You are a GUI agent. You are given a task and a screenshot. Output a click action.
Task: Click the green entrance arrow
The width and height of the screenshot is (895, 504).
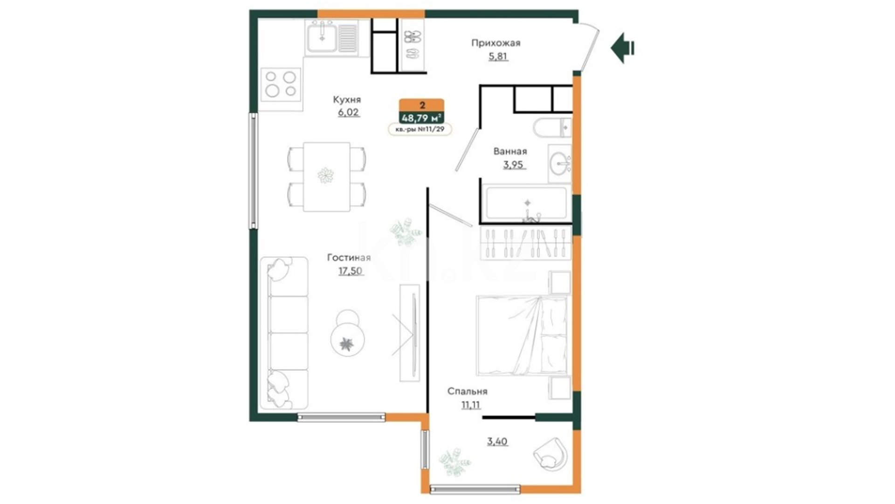[x=622, y=48]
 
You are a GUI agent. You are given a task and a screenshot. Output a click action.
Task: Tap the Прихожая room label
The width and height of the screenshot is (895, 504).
[x=496, y=43]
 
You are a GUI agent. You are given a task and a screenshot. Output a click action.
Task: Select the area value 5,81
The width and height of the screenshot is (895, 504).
[x=498, y=56]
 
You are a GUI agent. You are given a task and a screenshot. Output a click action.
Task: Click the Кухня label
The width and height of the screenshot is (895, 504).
[x=347, y=99]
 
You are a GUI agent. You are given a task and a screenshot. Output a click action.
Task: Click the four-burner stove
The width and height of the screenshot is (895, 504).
[x=281, y=84]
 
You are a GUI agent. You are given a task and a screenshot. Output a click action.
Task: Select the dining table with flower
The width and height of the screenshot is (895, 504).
[x=326, y=176]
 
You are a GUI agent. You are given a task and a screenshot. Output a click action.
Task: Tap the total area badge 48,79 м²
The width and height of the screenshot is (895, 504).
[x=421, y=118]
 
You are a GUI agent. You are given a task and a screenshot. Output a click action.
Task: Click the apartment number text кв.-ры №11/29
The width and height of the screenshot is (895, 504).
[x=420, y=129]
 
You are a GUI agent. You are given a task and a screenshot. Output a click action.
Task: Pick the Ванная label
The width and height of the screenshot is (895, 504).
[x=510, y=151]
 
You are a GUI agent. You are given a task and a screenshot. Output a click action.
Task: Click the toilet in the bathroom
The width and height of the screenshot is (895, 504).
[x=552, y=127]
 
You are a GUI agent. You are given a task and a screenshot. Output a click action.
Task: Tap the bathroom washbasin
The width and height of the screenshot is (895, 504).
[x=559, y=163]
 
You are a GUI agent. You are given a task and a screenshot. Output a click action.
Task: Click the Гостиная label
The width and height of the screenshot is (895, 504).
[x=349, y=258]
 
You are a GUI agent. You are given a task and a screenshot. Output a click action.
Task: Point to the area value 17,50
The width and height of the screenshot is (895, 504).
[x=350, y=271]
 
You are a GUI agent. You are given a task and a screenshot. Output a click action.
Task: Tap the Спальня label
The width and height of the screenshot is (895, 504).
[x=467, y=392]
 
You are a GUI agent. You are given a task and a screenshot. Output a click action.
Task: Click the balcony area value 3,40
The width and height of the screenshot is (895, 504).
[x=497, y=441]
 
